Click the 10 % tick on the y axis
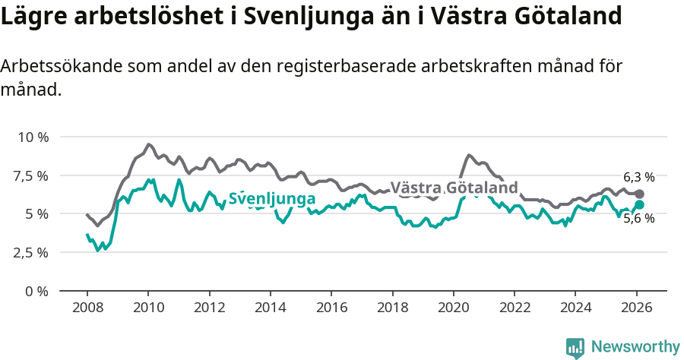(32, 137)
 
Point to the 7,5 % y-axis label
(30, 175)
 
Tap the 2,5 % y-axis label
(30, 252)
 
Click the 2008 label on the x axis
(87, 308)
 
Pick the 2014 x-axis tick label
(270, 308)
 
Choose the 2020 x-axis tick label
(453, 308)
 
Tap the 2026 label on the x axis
(636, 308)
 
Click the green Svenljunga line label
(272, 199)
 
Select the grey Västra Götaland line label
(454, 188)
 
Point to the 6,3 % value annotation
(638, 176)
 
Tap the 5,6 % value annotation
(638, 219)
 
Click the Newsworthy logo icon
(575, 348)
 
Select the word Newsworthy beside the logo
(635, 347)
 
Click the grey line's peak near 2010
(149, 144)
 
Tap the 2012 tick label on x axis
(209, 308)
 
